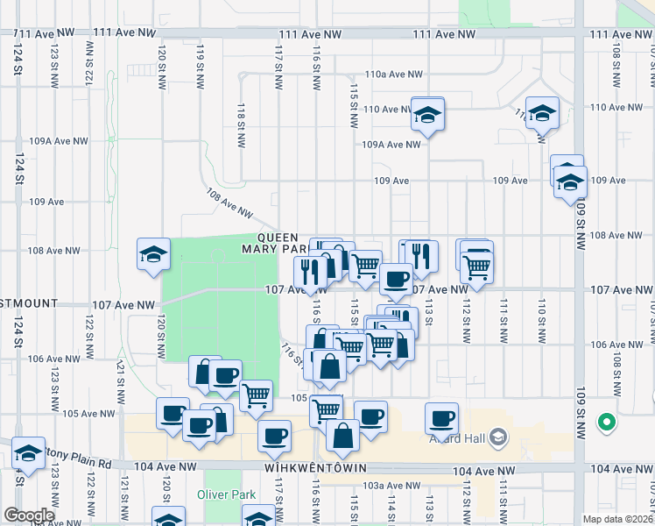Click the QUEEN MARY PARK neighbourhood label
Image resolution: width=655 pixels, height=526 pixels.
point(279,243)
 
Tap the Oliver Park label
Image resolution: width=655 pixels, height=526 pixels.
point(226,494)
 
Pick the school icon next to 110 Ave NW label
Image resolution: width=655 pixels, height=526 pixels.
point(427,114)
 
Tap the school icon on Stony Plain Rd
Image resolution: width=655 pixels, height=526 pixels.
point(29,453)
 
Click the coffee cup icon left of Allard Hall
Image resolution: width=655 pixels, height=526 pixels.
point(442,418)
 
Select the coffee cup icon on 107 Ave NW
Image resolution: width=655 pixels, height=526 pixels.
point(396,279)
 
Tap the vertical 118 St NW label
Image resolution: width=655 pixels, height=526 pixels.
point(241,115)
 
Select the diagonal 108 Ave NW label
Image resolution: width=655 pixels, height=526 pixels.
point(229,204)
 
